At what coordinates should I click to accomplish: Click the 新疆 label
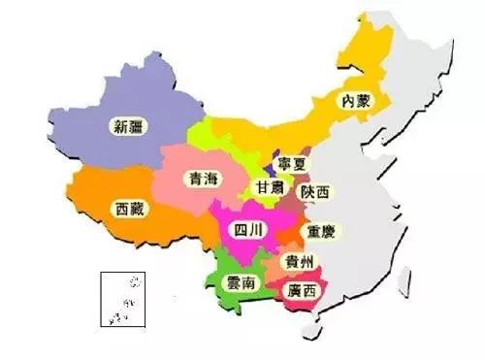click(x=130, y=124)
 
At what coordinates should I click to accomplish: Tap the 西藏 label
click(x=132, y=208)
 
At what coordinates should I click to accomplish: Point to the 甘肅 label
click(x=272, y=186)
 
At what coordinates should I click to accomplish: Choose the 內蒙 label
click(x=356, y=100)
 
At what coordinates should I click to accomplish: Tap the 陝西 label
click(x=315, y=192)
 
